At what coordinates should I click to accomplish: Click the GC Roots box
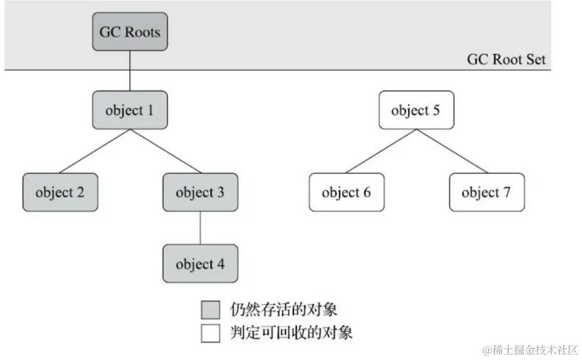(130, 32)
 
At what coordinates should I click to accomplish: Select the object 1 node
(130, 110)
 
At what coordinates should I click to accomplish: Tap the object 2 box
(60, 192)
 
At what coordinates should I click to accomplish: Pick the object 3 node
(200, 192)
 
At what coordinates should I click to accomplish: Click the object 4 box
(200, 264)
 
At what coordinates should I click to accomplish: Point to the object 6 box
(346, 192)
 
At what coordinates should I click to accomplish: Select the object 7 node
(486, 192)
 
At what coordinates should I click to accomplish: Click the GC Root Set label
(506, 60)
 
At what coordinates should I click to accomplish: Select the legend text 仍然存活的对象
(284, 310)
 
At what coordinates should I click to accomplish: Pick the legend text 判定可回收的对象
(291, 332)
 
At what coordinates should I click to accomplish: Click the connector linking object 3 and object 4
(200, 228)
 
